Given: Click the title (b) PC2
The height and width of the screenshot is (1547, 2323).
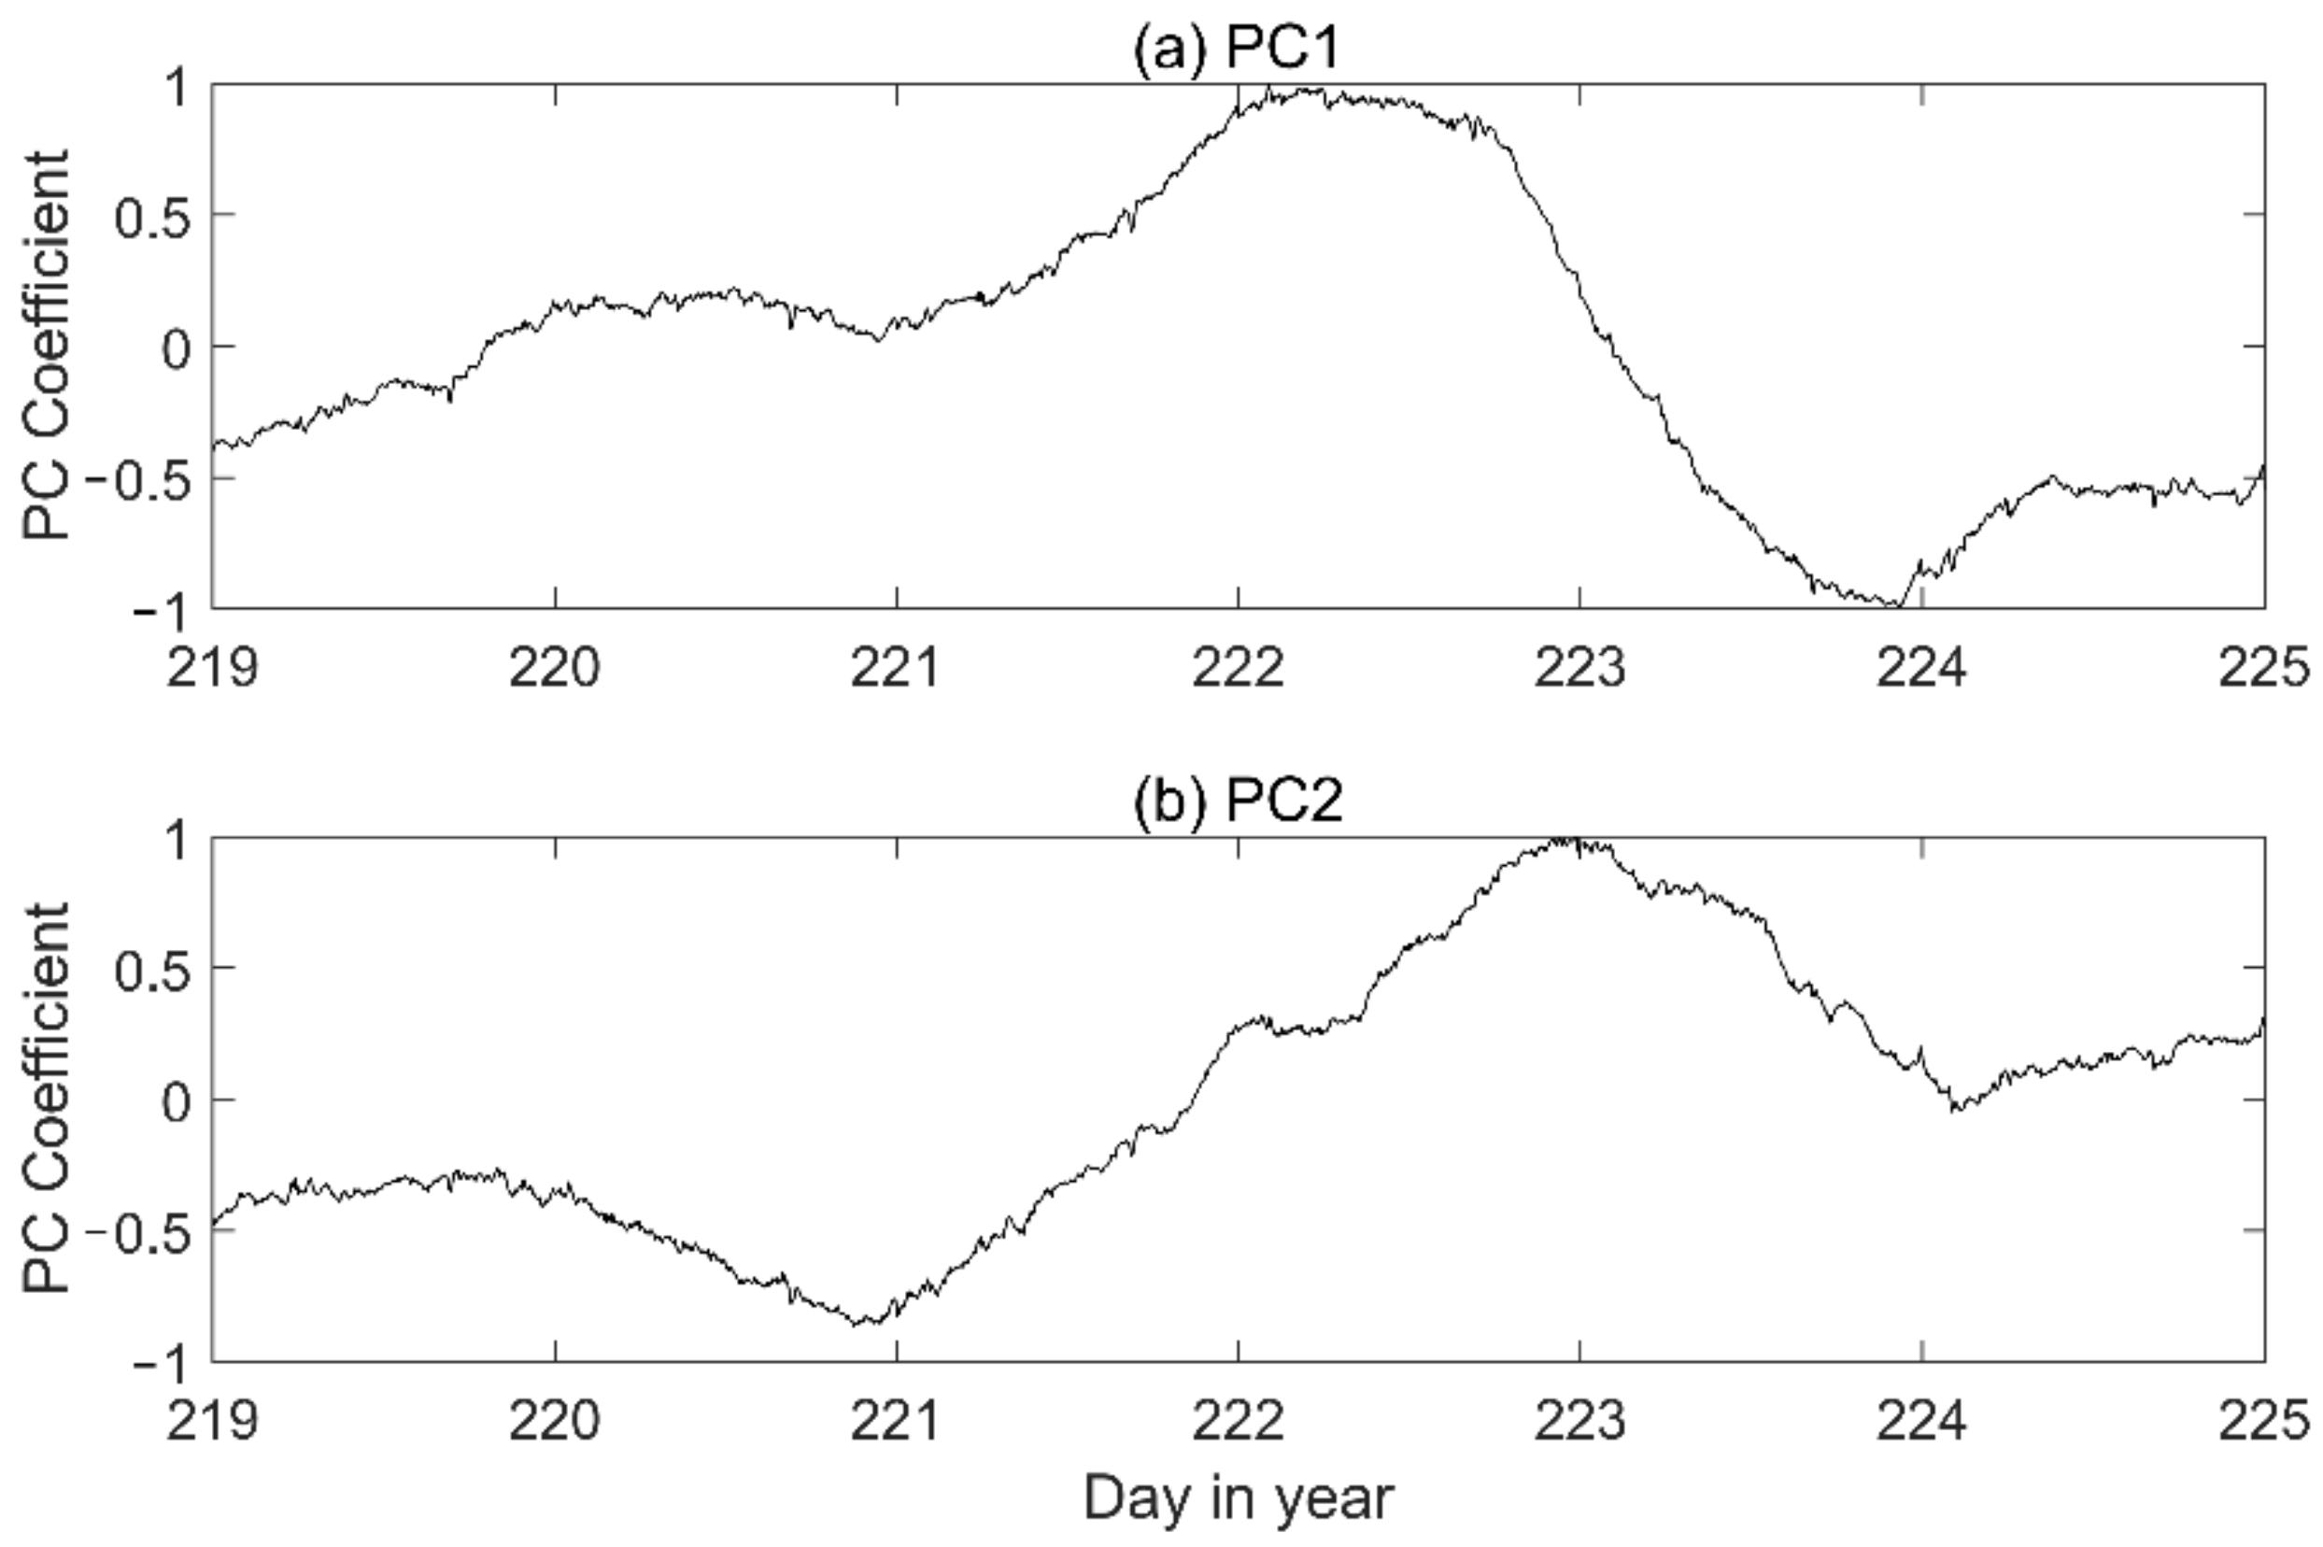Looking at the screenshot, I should click(x=1237, y=802).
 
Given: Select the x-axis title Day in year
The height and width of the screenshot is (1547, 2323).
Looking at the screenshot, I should click(x=1238, y=1497).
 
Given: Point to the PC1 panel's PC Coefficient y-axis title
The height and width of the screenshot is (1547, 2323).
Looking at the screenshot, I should click(x=47, y=346).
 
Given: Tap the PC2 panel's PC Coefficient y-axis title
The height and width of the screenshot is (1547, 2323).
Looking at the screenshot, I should click(x=47, y=1098).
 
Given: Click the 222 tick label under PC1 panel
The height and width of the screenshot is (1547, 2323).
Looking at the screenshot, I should click(x=1238, y=667).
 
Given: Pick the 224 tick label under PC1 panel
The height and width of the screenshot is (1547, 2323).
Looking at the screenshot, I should click(x=1921, y=667).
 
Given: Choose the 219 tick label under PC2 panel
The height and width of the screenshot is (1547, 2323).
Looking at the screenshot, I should click(x=212, y=1421).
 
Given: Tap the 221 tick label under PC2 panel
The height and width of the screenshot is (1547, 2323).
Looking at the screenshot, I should click(x=896, y=1421).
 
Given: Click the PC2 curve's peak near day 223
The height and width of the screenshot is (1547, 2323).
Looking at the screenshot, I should click(x=1564, y=841).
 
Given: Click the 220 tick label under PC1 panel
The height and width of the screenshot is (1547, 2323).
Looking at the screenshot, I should click(x=555, y=667).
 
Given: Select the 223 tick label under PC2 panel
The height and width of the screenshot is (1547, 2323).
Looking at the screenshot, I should click(x=1579, y=1421).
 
